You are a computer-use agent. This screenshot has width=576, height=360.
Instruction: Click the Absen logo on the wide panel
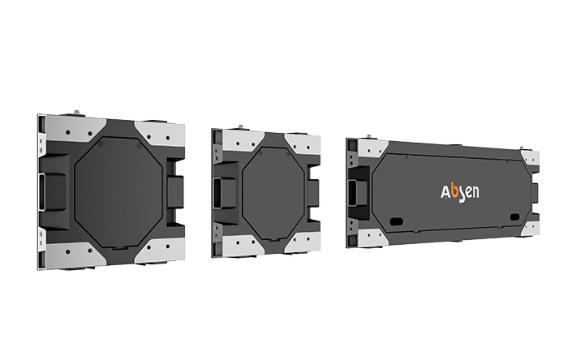coord(459,193)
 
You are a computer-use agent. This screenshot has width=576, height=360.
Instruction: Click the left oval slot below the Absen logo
coord(397,221)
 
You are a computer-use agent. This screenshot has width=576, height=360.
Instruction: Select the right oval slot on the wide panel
coord(514,217)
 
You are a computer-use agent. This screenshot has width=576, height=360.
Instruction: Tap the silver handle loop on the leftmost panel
coord(41,192)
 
